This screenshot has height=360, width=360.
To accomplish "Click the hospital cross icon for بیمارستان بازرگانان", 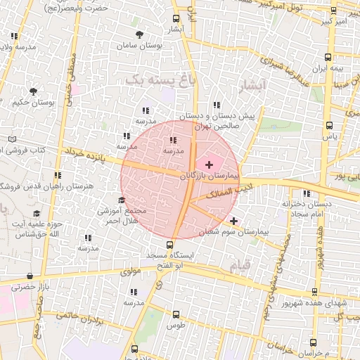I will click(209, 164).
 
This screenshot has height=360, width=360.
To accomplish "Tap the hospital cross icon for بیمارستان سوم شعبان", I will click(233, 221).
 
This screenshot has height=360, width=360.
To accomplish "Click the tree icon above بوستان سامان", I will click(141, 34).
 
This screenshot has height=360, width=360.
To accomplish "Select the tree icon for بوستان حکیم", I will click(33, 91).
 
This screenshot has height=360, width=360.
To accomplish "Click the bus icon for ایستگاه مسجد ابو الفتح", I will click(168, 245).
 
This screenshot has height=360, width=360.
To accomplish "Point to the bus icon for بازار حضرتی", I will click(30, 277).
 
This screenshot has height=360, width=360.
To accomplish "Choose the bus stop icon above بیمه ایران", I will click(328, 58).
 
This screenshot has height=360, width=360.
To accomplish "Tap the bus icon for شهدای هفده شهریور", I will click(314, 292).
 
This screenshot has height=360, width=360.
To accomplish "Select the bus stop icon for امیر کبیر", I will click(333, 12).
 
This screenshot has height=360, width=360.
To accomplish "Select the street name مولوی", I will click(131, 271).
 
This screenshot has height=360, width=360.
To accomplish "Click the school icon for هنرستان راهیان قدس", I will click(58, 175).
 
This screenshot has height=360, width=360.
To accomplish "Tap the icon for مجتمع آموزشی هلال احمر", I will click(122, 200).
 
